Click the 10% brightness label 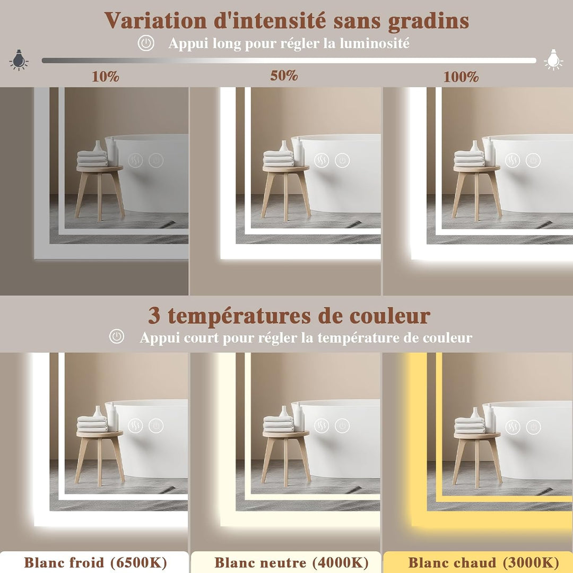(x=105, y=77)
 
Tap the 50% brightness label (x=284, y=76)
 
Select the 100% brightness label (x=461, y=77)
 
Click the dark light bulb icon (x=19, y=59)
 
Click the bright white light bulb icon (x=553, y=59)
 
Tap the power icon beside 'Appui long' (x=146, y=43)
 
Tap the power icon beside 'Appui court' (x=117, y=336)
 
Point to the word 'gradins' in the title (x=428, y=21)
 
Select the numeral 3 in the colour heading (x=154, y=316)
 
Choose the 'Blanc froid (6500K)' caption (x=95, y=562)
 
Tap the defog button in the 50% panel (x=322, y=160)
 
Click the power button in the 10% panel (x=156, y=160)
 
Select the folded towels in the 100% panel (x=470, y=159)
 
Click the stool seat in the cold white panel (x=100, y=434)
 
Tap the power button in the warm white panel (x=533, y=427)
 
